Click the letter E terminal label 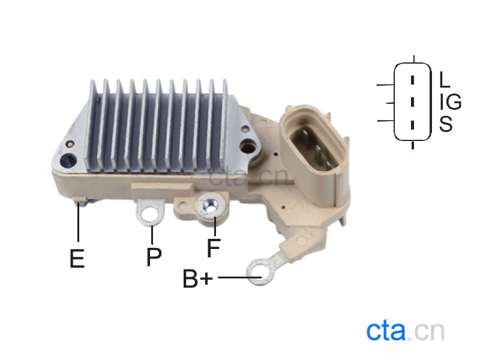[x=77, y=259]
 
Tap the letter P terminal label [x=154, y=256]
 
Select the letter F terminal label [x=214, y=248]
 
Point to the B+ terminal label [x=197, y=278]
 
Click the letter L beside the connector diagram [x=445, y=79]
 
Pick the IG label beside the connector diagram [x=451, y=101]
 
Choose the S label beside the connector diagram [x=446, y=124]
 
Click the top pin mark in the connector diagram [x=412, y=80]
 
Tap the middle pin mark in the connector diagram [x=412, y=102]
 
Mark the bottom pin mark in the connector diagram [x=412, y=125]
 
